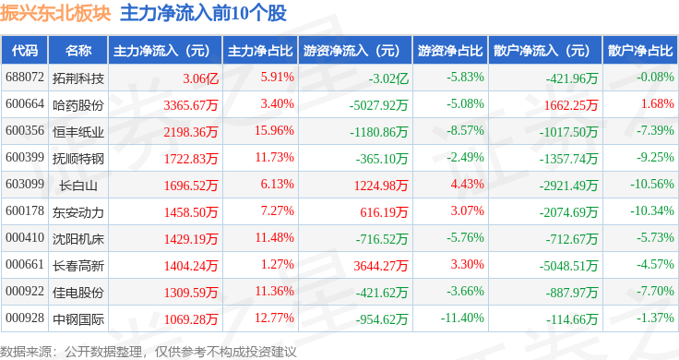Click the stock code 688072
point(25,78)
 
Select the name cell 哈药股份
point(78,105)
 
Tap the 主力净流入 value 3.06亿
point(200,78)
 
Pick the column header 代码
point(25,50)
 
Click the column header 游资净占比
point(450,50)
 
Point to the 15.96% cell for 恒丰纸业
point(274,130)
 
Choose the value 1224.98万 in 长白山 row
point(381,186)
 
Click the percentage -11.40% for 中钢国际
point(462,318)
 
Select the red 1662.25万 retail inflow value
point(571,105)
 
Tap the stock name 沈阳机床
point(78,239)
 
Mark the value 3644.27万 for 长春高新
point(381,266)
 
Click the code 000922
point(25,291)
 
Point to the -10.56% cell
point(652,184)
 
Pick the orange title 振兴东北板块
point(55,14)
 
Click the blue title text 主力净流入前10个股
point(203,14)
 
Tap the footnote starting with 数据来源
point(149,352)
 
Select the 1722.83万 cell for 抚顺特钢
point(191,159)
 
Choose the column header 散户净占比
point(640,50)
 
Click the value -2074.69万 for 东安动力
point(568,212)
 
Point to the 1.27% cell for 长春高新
point(277,264)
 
